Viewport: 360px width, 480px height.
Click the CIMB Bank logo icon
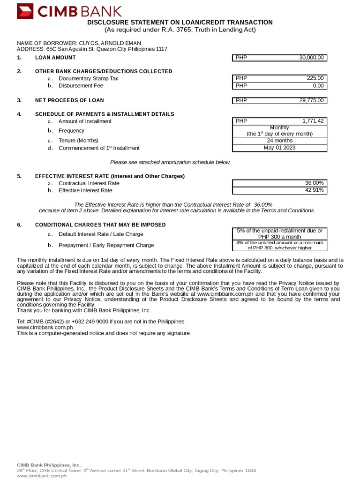coord(25,11)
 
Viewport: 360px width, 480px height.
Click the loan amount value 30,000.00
coord(311,58)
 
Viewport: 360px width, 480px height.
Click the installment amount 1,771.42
coord(313,121)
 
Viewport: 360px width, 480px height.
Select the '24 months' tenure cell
coord(279,141)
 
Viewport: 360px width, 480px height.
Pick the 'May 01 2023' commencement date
coord(279,148)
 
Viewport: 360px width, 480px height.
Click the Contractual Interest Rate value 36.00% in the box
coord(314,183)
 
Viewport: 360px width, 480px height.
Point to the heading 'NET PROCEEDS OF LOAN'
coord(69,100)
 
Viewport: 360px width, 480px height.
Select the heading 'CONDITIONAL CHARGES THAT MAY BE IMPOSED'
coord(100,225)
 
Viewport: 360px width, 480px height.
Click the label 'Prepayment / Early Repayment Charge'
coord(106,245)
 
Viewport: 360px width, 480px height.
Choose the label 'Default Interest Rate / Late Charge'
coord(101,234)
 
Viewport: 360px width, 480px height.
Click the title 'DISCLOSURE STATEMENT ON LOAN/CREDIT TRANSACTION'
coord(180,22)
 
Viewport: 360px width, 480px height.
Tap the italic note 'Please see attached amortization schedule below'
coord(170,162)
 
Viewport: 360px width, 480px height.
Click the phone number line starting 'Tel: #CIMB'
coord(100,322)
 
